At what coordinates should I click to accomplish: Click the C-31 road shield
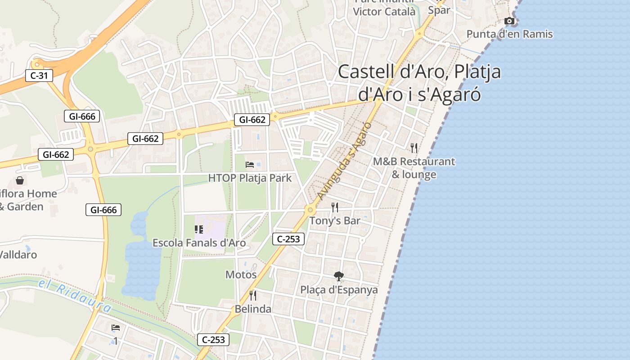pos(39,76)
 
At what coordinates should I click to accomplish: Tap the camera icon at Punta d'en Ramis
pos(509,21)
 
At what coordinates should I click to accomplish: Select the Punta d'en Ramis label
pos(509,34)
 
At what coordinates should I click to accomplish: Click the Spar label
pos(439,10)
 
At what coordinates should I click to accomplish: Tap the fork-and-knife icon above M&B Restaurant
pos(414,148)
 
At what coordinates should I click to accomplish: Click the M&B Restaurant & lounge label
pos(414,168)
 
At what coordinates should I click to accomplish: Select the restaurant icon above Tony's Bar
pos(334,207)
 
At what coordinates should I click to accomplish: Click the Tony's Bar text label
pos(335,221)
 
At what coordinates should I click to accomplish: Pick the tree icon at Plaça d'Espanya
pos(339,276)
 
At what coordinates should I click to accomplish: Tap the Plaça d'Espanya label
pos(339,290)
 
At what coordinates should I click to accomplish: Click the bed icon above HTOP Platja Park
pos(250,165)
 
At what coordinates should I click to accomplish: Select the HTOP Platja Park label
pos(250,178)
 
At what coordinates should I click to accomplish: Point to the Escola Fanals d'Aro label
pos(199,243)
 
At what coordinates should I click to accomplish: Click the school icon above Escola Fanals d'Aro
pos(199,229)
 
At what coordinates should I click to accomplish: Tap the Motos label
pos(241,274)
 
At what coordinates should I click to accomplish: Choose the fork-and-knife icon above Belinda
pos(253,295)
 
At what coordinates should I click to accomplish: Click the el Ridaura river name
pos(75,296)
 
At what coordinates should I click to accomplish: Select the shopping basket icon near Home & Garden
pos(20,181)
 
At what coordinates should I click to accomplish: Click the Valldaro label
pos(18,255)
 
